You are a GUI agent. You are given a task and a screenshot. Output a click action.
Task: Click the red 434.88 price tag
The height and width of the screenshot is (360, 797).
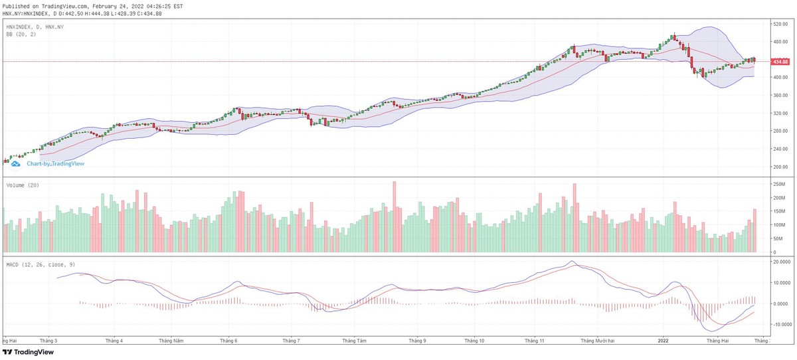tap(780, 62)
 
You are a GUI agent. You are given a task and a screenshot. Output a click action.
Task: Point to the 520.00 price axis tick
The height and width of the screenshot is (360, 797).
tap(780, 24)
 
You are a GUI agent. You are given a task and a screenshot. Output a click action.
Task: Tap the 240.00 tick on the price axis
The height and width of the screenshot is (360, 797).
tap(780, 149)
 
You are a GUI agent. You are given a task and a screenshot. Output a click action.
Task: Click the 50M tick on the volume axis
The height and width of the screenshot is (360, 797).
tap(778, 239)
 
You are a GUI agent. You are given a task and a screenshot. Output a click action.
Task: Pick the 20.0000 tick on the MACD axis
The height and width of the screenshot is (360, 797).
tap(782, 262)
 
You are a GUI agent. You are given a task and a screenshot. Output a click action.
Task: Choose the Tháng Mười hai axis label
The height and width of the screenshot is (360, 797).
tap(597, 341)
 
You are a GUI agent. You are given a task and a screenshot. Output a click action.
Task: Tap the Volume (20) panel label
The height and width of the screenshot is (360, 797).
tap(22, 185)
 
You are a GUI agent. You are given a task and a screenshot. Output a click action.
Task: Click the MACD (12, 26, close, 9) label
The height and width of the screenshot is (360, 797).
tap(41, 265)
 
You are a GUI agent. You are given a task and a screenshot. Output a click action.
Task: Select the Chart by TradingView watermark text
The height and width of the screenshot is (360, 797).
tap(56, 163)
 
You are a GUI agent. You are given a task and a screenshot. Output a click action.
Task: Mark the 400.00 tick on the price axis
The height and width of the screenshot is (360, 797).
tap(780, 77)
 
